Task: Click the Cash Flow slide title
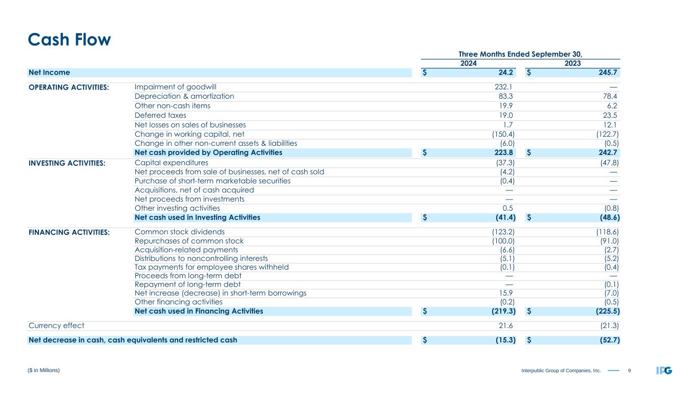pyautogui.click(x=69, y=39)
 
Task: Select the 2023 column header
pyautogui.click(x=572, y=63)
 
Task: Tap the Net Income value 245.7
pyautogui.click(x=606, y=73)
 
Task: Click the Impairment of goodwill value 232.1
pyautogui.click(x=505, y=87)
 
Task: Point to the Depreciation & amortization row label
pyautogui.click(x=184, y=96)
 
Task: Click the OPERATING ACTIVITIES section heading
pyautogui.click(x=69, y=87)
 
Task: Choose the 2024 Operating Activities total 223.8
pyautogui.click(x=503, y=152)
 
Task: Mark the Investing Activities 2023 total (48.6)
pyautogui.click(x=607, y=217)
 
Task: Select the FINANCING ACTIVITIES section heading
pyautogui.click(x=69, y=232)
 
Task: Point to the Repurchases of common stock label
pyautogui.click(x=189, y=241)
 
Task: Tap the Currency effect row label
pyautogui.click(x=57, y=325)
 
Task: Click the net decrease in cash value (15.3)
pyautogui.click(x=503, y=340)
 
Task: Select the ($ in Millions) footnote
pyautogui.click(x=45, y=370)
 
